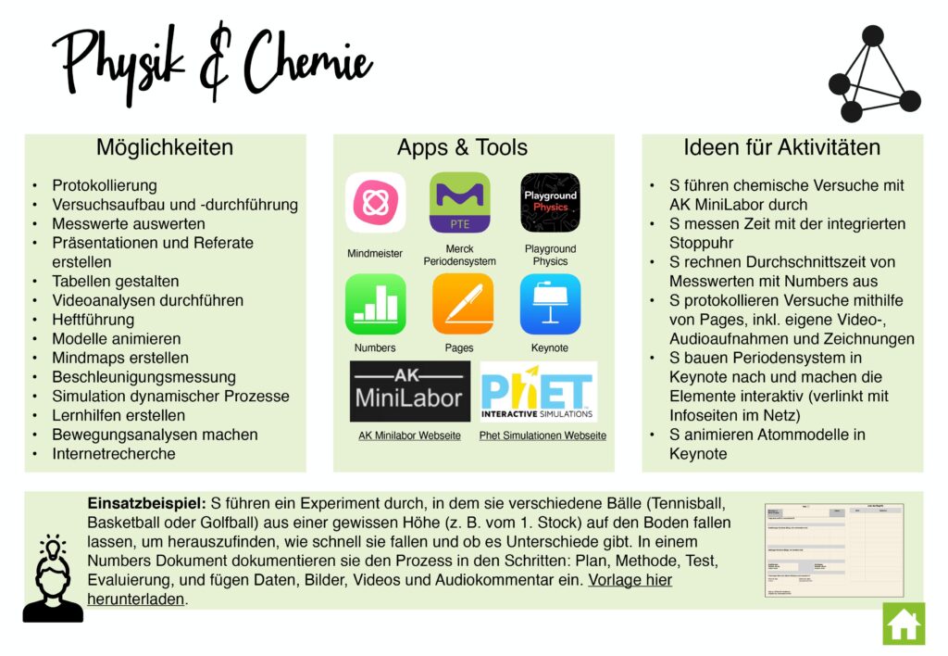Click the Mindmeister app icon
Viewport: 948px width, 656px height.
coord(375,202)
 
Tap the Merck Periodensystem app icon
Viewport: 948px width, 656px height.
coord(459,202)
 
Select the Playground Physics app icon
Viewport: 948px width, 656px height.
coord(550,202)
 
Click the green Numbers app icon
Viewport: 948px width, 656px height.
coord(375,304)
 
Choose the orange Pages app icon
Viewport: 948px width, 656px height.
coord(462,304)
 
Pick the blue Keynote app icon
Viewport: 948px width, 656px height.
coord(550,304)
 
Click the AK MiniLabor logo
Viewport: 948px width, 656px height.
coord(409,391)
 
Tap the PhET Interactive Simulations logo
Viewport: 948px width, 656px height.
coord(538,391)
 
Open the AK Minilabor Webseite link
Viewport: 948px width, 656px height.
coord(409,435)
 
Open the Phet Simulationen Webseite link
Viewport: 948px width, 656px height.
coord(543,435)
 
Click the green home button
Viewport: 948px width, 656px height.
coord(903,624)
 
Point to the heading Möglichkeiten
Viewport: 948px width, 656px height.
coord(165,147)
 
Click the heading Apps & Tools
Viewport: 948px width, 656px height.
coord(462,147)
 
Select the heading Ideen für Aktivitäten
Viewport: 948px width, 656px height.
coord(781,147)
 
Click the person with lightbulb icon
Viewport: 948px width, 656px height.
coord(52,578)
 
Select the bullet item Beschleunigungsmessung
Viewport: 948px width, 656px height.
coord(143,377)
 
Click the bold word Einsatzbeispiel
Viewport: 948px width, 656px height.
coord(145,503)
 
